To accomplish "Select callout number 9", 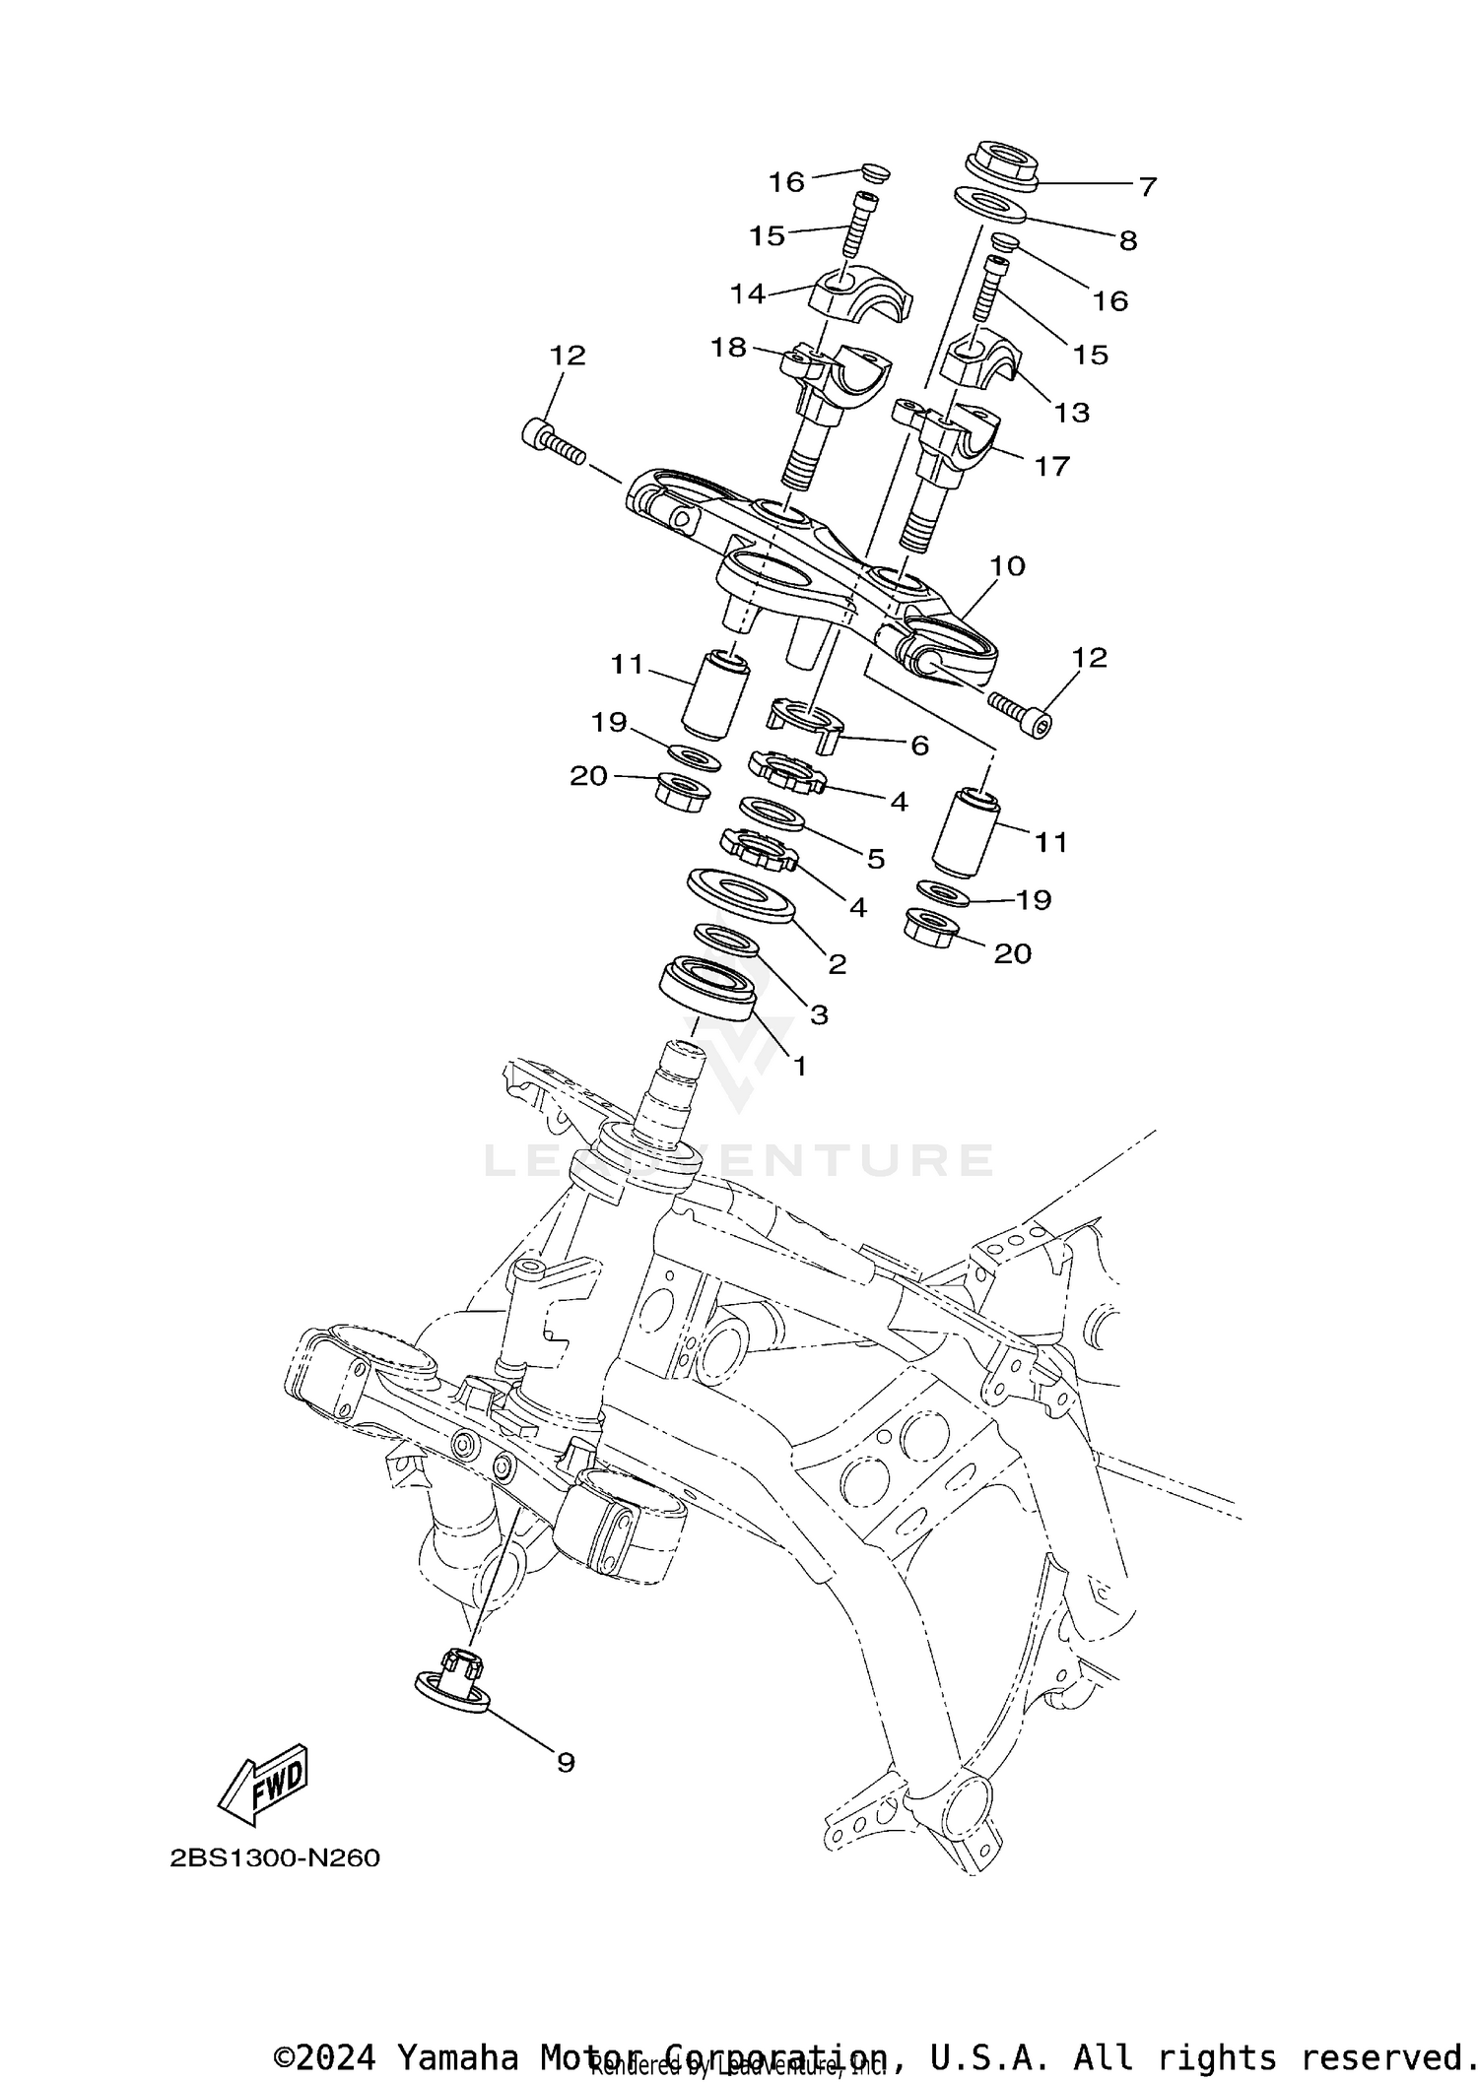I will pos(566,1762).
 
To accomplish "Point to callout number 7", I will pos(1147,185).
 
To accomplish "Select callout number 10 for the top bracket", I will pos(1007,566).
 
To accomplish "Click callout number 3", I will pos(818,1014).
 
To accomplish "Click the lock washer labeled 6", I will pos(806,720).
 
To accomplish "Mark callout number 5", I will pos(875,858).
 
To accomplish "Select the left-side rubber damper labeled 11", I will pos(715,693).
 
